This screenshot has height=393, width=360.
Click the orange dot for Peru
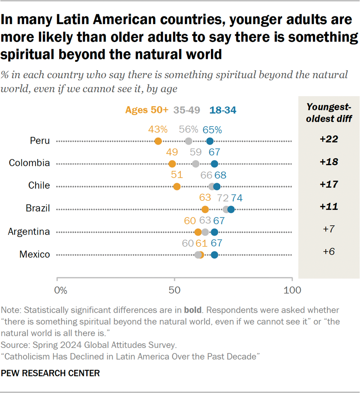(x=158, y=141)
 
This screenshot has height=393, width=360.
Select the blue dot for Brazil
(x=231, y=209)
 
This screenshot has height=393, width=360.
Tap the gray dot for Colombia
(x=196, y=164)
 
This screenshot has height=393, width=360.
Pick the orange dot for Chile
(x=177, y=186)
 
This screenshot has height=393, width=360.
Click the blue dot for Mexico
(x=214, y=255)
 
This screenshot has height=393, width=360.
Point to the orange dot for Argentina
(x=198, y=232)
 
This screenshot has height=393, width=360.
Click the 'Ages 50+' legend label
(x=147, y=110)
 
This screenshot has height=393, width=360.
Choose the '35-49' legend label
(x=186, y=110)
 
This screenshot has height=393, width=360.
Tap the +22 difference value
(x=329, y=139)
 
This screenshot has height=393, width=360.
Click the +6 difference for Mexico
(x=329, y=251)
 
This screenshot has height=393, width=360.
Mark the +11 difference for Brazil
(x=329, y=206)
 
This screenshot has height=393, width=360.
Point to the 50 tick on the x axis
(x=174, y=290)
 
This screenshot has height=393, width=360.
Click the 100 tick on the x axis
(x=292, y=290)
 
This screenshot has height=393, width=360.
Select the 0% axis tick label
(x=61, y=290)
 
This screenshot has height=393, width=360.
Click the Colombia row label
(x=30, y=163)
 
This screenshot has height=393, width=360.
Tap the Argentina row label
(x=29, y=232)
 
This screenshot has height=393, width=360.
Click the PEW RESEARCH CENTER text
(x=51, y=373)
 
